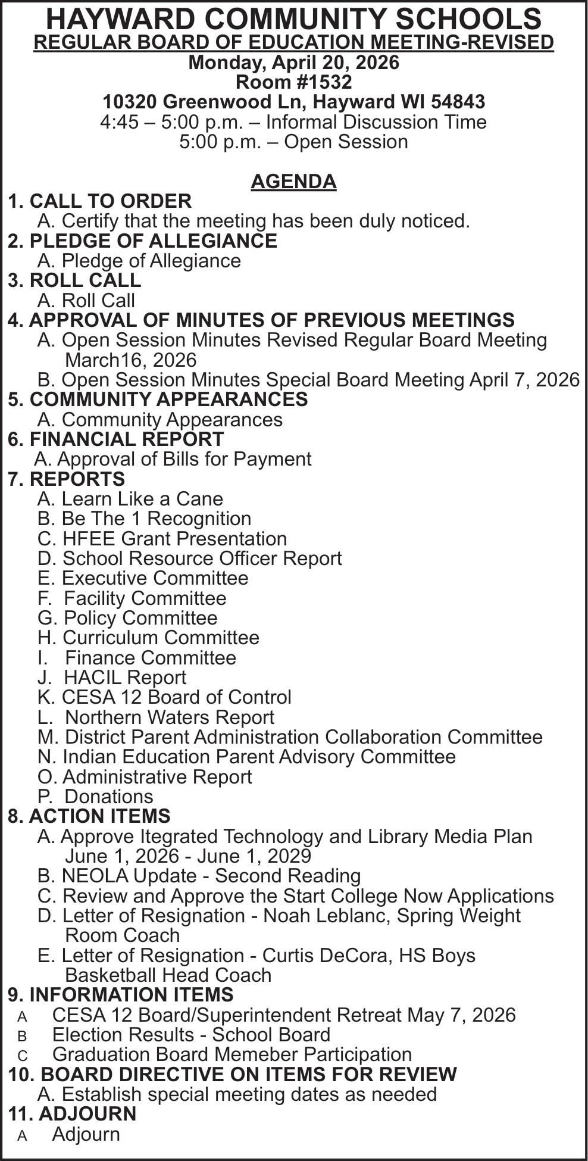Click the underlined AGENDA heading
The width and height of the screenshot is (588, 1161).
[x=293, y=182]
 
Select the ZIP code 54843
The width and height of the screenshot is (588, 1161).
[x=458, y=102]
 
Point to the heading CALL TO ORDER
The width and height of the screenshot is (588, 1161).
[x=110, y=201]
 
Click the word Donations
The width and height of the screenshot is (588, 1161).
[x=109, y=797]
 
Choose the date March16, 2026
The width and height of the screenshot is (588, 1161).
[x=130, y=360]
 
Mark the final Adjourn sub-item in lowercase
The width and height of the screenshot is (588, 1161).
[x=86, y=1134]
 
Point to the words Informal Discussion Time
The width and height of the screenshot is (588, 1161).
[x=376, y=122]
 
